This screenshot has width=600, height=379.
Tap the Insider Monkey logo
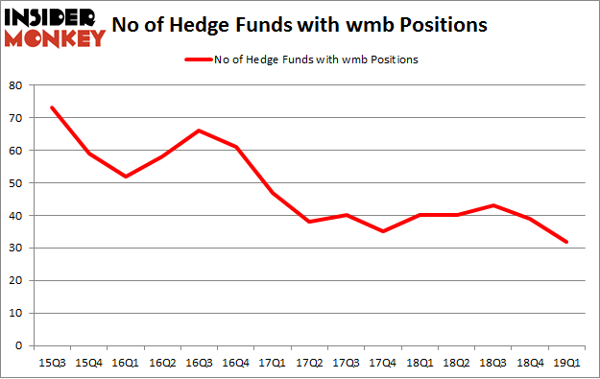coord(54,27)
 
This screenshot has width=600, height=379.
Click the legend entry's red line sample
coord(197,59)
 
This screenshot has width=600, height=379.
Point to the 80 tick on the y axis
coord(16,84)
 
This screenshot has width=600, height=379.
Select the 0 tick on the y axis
coord(19,345)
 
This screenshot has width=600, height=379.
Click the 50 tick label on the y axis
coord(16,182)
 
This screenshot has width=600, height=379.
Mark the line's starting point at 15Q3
coord(52,107)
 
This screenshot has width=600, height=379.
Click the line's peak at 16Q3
coord(199,130)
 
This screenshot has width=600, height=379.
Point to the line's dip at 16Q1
coord(126,176)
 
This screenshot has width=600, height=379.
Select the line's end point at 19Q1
coord(565,241)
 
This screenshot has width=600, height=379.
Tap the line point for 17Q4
coord(382,231)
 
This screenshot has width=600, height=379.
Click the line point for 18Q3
coord(492,205)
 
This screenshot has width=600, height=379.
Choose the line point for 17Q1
coord(273,192)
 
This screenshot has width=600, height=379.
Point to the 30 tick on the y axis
coord(16,248)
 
